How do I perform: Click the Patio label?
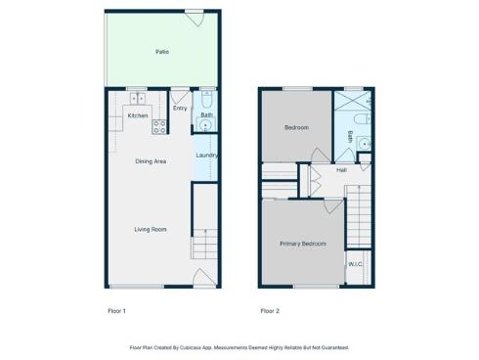tap(162, 51)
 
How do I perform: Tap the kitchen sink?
tap(138, 99)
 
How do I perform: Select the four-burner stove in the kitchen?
tap(159, 127)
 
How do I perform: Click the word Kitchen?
tap(138, 115)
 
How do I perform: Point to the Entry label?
tap(180, 108)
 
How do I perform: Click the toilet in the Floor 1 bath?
tap(206, 99)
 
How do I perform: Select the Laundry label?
tap(205, 155)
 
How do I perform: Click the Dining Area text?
tap(151, 160)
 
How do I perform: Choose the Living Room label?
tap(151, 229)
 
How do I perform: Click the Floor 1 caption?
tap(117, 311)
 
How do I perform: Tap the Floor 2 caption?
tap(270, 311)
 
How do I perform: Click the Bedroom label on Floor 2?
tap(296, 127)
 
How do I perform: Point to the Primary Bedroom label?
tap(302, 243)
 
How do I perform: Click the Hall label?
tap(341, 170)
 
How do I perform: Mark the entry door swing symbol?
tap(180, 95)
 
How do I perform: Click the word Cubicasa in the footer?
tap(223, 346)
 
